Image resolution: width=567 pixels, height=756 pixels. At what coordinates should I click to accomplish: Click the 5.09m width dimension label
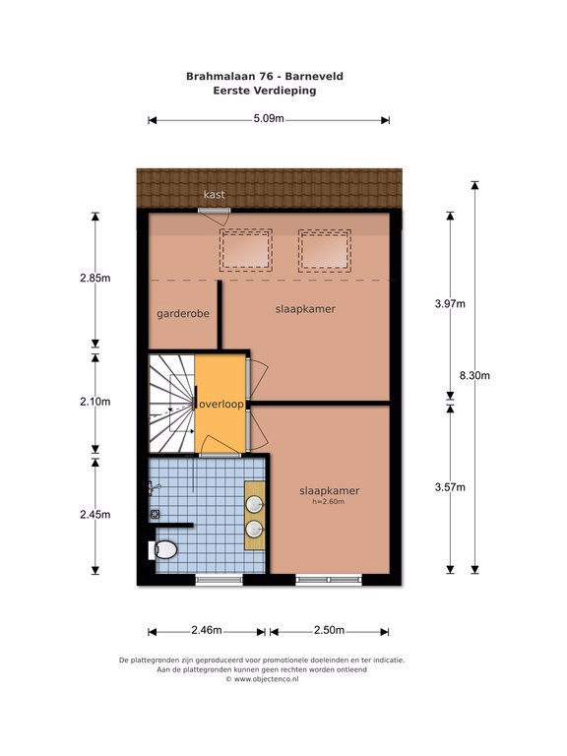269,118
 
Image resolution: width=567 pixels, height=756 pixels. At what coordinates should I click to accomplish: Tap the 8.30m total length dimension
474,376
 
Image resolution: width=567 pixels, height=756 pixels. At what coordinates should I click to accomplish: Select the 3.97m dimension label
450,304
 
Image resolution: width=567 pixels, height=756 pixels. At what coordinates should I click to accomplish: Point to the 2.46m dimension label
207,630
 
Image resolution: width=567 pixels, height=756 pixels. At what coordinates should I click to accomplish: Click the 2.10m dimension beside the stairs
94,402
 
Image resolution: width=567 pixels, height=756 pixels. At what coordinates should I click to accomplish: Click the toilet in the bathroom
162,549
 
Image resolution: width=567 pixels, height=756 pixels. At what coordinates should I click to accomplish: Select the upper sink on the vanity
254,505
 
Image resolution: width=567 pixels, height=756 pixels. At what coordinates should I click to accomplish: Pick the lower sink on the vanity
254,529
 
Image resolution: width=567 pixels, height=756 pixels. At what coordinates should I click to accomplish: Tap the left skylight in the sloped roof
246,250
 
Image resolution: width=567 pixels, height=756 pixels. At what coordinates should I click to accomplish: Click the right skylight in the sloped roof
325,250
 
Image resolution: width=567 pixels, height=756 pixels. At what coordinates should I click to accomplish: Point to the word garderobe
183,314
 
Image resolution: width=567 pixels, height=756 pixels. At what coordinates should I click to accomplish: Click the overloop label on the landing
221,405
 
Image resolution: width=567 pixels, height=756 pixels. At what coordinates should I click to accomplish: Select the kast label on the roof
214,194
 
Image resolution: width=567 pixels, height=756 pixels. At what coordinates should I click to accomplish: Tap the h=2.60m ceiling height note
329,502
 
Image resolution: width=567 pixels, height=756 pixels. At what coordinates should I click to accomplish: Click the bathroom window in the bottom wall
219,580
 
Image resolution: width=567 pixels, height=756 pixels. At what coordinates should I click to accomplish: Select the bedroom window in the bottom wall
329,580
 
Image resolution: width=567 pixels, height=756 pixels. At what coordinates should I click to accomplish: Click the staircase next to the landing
171,404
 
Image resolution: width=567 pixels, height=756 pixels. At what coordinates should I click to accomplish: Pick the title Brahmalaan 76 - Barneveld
265,76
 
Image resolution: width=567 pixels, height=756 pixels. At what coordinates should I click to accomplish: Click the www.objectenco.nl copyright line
262,679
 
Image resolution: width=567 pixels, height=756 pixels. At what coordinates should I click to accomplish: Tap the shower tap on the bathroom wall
154,488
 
